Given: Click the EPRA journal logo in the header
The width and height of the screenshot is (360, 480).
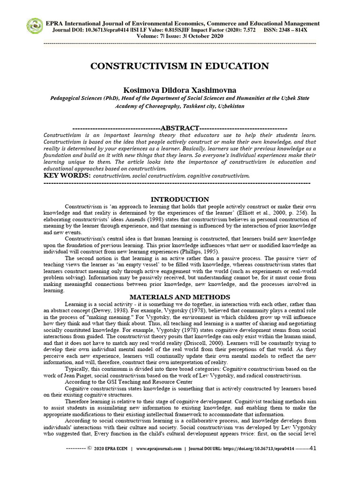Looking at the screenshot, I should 34,26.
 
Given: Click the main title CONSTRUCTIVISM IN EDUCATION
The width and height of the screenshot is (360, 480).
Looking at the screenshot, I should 180,66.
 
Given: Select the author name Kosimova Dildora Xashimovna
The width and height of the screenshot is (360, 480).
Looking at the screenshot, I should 180,90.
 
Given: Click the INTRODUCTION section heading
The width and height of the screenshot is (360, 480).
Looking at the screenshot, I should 180,199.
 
